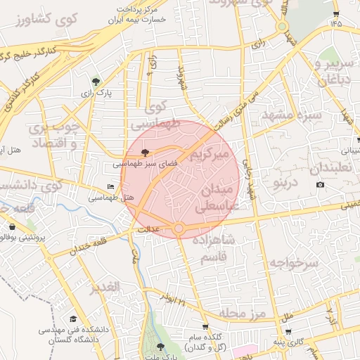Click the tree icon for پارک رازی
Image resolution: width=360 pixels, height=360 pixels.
[96, 82]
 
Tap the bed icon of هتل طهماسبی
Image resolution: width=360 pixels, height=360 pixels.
[110, 186]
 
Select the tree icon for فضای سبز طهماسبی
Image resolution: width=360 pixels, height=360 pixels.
[146, 152]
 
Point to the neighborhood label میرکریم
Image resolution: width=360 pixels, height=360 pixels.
[210, 152]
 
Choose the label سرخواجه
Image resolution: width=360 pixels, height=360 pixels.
[298, 263]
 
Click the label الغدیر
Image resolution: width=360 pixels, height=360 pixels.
[105, 287]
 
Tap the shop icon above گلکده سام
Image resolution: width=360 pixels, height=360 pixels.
[205, 327]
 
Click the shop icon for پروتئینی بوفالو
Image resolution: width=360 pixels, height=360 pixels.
[12, 227]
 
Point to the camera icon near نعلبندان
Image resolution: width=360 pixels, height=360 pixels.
[321, 185]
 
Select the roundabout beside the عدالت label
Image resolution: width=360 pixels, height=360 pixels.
[179, 229]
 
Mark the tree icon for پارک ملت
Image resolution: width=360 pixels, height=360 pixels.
[160, 347]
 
